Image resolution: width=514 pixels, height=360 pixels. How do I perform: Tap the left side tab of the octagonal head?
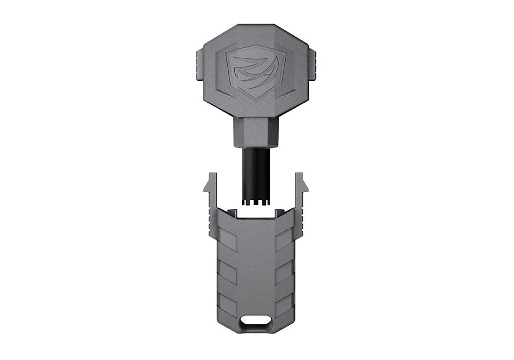pyautogui.click(x=199, y=65)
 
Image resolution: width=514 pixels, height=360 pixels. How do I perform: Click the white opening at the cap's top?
pyautogui.click(x=256, y=213)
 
